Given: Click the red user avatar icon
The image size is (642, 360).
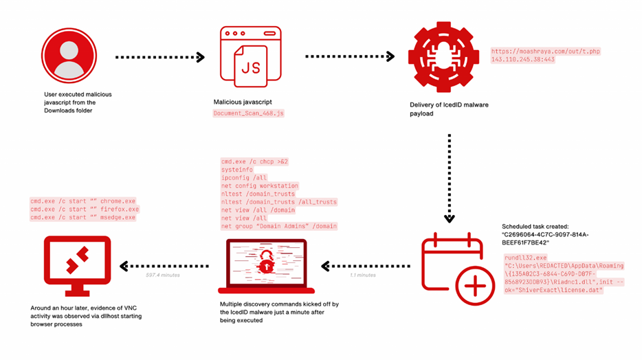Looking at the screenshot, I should pyautogui.click(x=68, y=56).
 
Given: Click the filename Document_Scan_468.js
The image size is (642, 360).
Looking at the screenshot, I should pyautogui.click(x=248, y=113).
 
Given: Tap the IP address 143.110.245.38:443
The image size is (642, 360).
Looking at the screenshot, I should pyautogui.click(x=522, y=60).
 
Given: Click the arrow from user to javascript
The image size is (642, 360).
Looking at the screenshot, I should pyautogui.click(x=159, y=58).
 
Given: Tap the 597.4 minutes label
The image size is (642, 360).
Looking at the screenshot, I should pyautogui.click(x=162, y=275).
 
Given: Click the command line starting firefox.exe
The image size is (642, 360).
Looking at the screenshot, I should pyautogui.click(x=84, y=210).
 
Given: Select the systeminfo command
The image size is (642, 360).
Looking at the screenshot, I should pyautogui.click(x=237, y=169).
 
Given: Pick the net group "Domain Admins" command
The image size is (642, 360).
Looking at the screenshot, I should pyautogui.click(x=279, y=226).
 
